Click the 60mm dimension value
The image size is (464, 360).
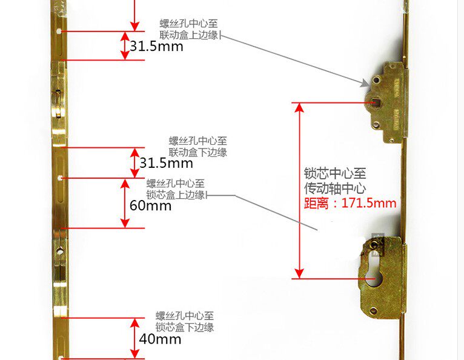[150, 205]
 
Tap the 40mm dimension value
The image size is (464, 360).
[160, 339]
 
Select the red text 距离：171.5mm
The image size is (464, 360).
[350, 202]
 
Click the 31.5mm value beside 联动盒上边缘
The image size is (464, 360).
[156, 46]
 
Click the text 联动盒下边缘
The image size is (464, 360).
[198, 152]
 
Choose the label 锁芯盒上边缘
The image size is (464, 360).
[177, 195]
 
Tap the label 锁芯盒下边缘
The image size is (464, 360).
[185, 327]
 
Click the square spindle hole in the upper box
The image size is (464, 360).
[376, 102]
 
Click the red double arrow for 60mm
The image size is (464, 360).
[125, 203]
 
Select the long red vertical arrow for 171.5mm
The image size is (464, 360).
[298, 190]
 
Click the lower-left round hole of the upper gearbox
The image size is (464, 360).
[376, 124]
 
